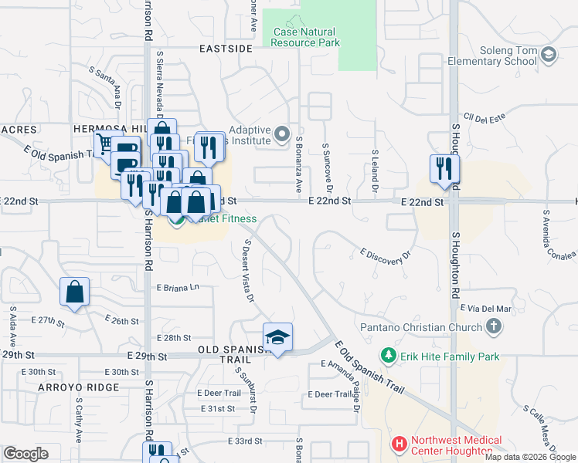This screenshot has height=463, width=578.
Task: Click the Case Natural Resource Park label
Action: point(306,37)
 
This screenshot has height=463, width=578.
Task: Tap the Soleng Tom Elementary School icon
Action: point(549,54)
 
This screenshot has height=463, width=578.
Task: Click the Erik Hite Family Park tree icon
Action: point(389,356)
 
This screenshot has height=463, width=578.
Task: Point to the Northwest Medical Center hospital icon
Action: point(399,444)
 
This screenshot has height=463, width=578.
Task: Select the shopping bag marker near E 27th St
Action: point(75,292)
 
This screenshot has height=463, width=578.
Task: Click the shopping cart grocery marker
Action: point(106,144)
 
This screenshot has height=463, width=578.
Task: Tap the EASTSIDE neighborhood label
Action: point(226,49)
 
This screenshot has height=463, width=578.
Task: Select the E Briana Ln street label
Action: point(178,287)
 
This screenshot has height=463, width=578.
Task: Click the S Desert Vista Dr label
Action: point(247,270)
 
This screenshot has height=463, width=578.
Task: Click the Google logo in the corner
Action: point(25,454)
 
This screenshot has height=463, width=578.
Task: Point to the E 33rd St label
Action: point(246,441)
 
